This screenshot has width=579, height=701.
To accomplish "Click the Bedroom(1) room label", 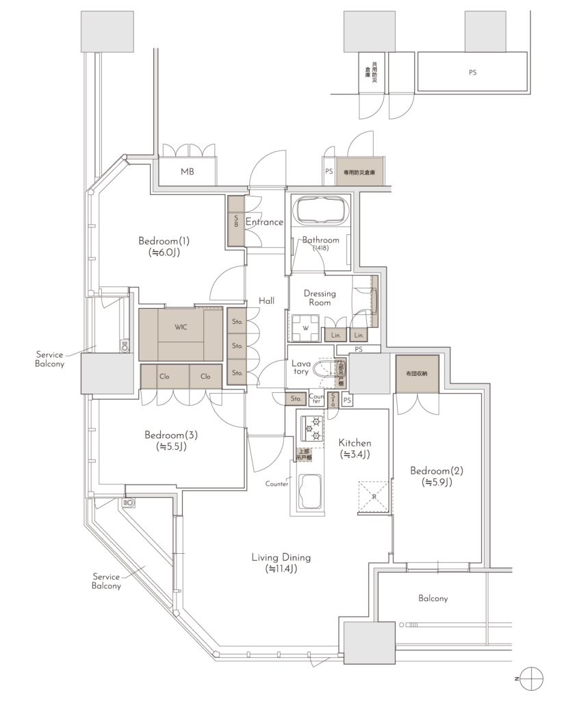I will coord(164,246).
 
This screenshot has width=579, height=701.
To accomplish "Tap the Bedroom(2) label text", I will coord(437,476).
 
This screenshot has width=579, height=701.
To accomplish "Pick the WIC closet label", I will coord(181,327).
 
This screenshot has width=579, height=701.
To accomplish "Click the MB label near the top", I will coord(188,171).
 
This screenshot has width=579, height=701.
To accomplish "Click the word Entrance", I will coord(264,222).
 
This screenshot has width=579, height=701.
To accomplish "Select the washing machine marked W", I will coord(305,328).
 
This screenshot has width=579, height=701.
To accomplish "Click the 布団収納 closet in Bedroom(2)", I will coord(415,374).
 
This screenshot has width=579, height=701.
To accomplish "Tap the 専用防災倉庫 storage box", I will coord(359,173).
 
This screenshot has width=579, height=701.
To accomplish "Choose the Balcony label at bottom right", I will coord(433,598).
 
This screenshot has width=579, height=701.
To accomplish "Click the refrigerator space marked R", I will coord(374,496).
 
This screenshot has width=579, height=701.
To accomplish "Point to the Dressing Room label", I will coord(320,298).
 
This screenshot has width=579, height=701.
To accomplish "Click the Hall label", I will coord(267,301).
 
